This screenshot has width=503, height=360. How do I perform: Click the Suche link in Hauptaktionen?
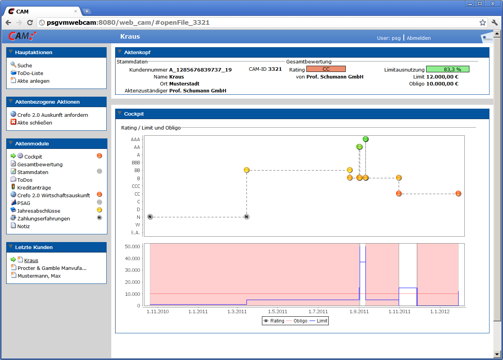pyautogui.click(x=24, y=65)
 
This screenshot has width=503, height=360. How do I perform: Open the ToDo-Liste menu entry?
pyautogui.click(x=30, y=73)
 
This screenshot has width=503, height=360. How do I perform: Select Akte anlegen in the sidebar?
pyautogui.click(x=33, y=81)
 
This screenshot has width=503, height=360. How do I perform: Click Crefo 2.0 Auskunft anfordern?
pyautogui.click(x=53, y=115)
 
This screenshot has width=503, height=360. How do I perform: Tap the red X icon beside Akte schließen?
pyautogui.click(x=13, y=122)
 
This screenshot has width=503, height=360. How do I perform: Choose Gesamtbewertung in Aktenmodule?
pyautogui.click(x=40, y=164)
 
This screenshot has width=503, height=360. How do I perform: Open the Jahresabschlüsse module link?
pyautogui.click(x=39, y=211)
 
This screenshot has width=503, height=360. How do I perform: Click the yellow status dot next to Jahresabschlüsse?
pyautogui.click(x=99, y=210)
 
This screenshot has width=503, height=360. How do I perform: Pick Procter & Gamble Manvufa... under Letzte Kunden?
pyautogui.click(x=52, y=268)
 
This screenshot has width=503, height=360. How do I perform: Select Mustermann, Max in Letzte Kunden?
pyautogui.click(x=39, y=276)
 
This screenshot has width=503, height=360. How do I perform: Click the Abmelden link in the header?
pyautogui.click(x=418, y=38)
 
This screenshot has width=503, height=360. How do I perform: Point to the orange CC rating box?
pyautogui.click(x=326, y=69)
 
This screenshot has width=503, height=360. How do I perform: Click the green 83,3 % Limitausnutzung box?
pyautogui.click(x=447, y=69)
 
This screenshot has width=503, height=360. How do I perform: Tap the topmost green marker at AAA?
pyautogui.click(x=365, y=139)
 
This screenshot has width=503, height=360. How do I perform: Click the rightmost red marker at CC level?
pyautogui.click(x=458, y=193)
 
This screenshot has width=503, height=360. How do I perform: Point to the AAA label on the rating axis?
pyautogui.click(x=135, y=140)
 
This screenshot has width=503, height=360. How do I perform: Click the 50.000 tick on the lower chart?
pyautogui.click(x=132, y=247)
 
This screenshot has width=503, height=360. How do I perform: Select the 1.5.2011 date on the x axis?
pyautogui.click(x=277, y=311)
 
